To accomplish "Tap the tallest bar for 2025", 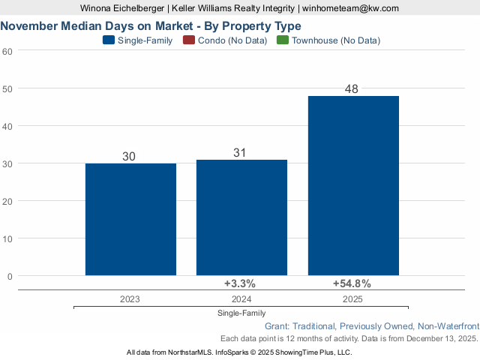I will coord(353,185).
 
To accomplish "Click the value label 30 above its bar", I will coord(129,157).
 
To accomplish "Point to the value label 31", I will coord(240,153).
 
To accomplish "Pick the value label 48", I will coord(352,89).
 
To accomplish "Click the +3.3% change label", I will coord(240,283).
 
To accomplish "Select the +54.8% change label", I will coord(352,283).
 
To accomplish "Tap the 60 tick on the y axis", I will coord(7,51).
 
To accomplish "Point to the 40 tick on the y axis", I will coord(7,126).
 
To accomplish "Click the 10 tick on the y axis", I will coord(7,238).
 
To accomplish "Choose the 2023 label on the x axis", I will coord(129,298).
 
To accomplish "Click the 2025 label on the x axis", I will coord(352,298).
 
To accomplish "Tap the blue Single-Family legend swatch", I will coord(108,40).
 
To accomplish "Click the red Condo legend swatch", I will coord(188,40).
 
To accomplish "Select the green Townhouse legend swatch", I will coord(283,40).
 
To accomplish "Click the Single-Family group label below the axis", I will coord(241,313).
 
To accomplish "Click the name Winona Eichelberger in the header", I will coord(122,8).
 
